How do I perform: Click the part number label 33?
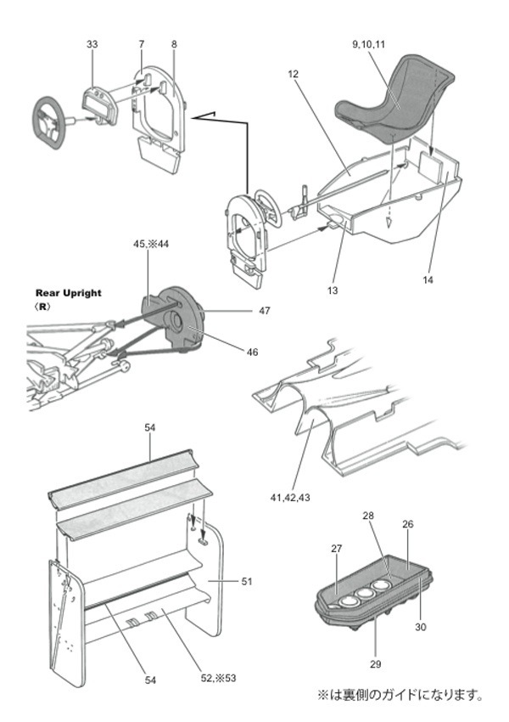point(92,44)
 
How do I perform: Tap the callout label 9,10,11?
point(368,44)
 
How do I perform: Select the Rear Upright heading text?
point(69,293)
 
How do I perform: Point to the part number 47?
point(265,311)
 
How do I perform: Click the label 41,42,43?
point(290,497)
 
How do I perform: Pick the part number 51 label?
point(247,582)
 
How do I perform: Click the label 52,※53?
point(218,679)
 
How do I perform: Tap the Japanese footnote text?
point(400,695)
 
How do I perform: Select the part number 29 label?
point(376,664)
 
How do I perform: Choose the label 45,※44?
point(151,244)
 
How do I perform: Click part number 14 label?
point(428,279)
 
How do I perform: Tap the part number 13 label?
point(333,290)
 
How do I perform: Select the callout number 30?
point(421,627)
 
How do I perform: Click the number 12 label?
point(293,74)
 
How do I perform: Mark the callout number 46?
point(253,353)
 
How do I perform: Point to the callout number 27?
point(337,549)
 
